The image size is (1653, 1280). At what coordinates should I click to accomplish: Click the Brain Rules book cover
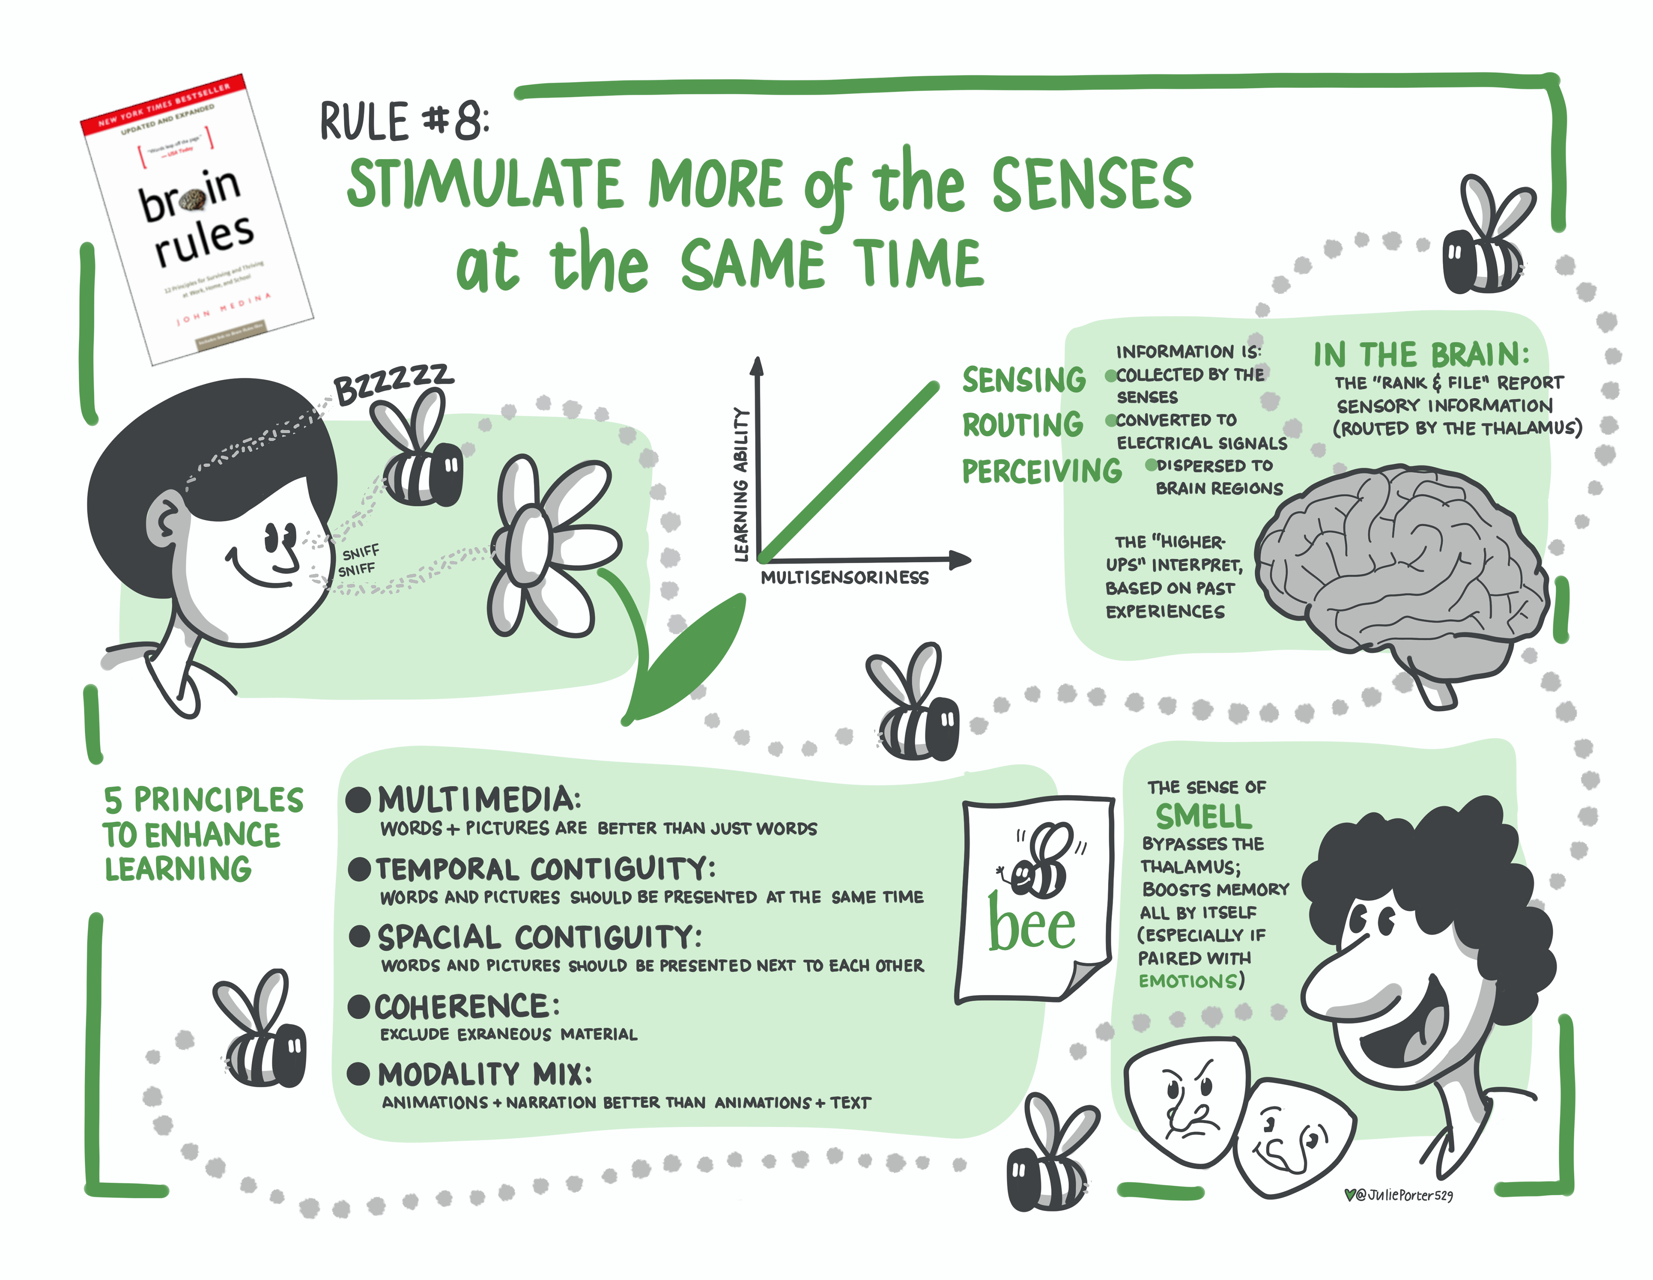[197, 220]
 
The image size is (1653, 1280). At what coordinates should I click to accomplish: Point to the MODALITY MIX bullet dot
[358, 1073]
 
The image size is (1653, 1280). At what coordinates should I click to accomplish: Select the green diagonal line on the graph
[848, 473]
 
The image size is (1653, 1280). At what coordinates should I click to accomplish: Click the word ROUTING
[1022, 425]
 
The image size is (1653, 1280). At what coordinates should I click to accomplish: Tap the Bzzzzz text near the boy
[393, 384]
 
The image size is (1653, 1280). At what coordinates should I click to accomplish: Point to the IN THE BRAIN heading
[1421, 354]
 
